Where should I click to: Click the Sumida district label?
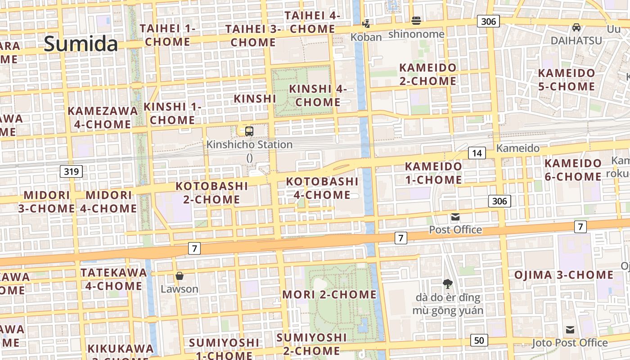(x=81, y=44)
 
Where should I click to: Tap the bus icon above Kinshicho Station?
(x=249, y=131)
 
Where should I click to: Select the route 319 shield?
(x=71, y=171)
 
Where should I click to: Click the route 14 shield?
(x=477, y=153)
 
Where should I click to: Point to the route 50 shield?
(x=479, y=340)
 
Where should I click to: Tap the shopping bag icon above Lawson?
(x=180, y=275)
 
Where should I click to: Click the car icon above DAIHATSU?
(x=576, y=27)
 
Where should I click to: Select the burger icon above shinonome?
(x=416, y=20)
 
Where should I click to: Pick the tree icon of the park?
(x=447, y=283)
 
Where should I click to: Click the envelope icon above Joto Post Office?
(x=570, y=330)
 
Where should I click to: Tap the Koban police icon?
(x=367, y=23)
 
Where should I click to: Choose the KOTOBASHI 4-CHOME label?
(x=322, y=188)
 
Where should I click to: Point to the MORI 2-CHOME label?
(x=329, y=294)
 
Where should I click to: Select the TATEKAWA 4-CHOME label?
(x=113, y=279)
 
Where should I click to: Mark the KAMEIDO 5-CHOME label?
(x=567, y=79)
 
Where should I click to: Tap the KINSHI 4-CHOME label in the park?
(x=318, y=95)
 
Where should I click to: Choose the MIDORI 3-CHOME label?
(x=46, y=202)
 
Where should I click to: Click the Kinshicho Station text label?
(x=249, y=144)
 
